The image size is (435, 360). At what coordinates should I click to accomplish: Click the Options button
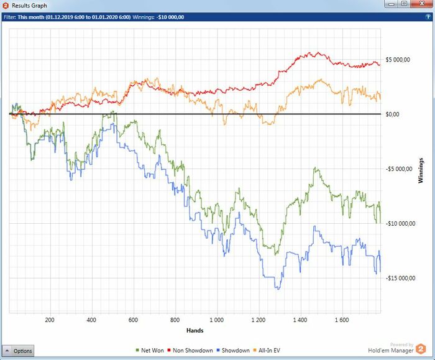click(19, 351)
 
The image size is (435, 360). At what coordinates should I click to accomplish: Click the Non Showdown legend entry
click(191, 351)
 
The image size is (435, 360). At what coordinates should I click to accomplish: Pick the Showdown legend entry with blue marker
click(232, 351)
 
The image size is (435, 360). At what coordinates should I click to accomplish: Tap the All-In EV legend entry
click(269, 351)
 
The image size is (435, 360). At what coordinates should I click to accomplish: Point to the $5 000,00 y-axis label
click(398, 60)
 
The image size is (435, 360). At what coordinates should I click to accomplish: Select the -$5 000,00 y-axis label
click(398, 169)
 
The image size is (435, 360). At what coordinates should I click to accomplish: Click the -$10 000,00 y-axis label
click(400, 224)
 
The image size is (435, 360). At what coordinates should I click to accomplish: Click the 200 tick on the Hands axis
click(50, 321)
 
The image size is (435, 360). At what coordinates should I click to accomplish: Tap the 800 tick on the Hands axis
click(175, 321)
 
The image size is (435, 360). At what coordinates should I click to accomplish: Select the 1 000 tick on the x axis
click(216, 321)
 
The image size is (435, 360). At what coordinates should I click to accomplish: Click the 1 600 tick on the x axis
click(341, 321)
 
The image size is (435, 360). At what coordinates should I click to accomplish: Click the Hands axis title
click(195, 330)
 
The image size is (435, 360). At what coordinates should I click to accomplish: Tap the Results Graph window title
click(29, 6)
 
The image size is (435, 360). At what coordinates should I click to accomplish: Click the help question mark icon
click(428, 17)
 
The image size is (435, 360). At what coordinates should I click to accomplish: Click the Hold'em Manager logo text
click(388, 350)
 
